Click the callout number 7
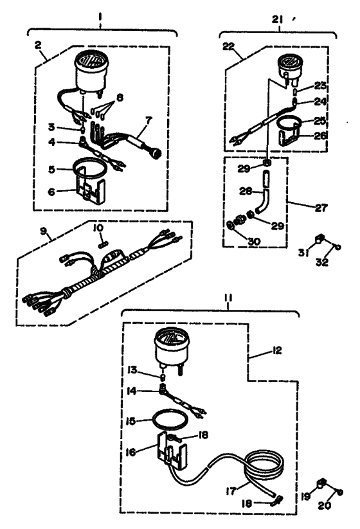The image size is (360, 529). tap(148, 120)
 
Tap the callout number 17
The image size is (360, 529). tap(231, 490)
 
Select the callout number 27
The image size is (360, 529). tap(321, 208)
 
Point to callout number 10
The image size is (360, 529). tap(98, 228)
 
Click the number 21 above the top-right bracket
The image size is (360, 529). tap(278, 20)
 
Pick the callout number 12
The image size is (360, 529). tap(277, 351)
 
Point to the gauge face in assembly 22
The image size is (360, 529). tap(290, 62)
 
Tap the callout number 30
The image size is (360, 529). tap(254, 241)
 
